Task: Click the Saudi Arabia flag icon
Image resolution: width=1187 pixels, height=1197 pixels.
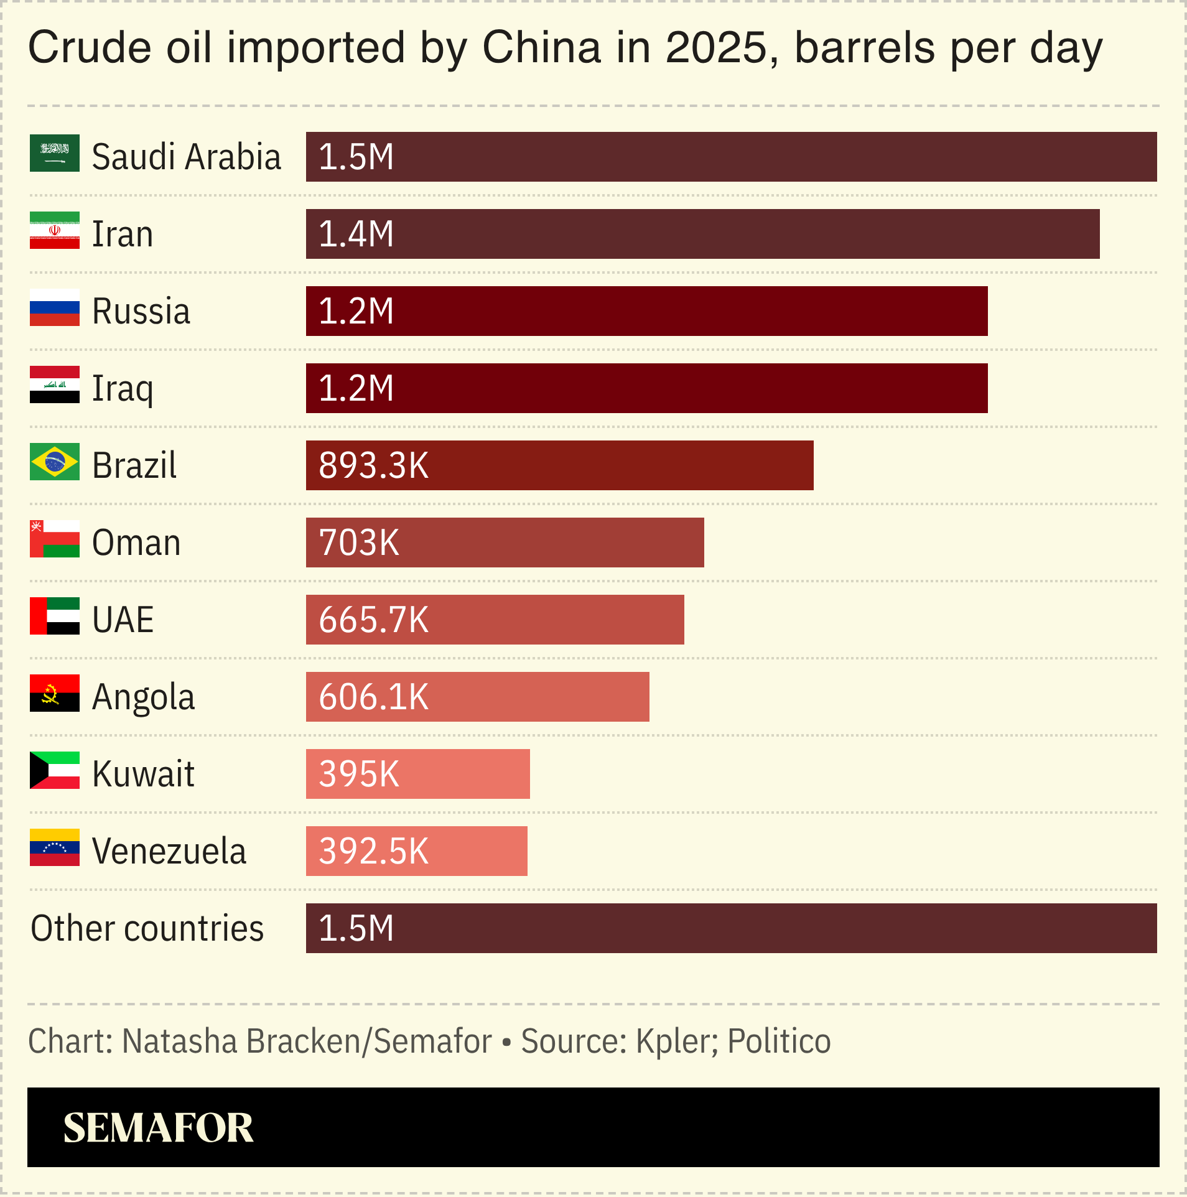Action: tap(55, 153)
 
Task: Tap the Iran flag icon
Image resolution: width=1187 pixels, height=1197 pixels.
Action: tap(55, 230)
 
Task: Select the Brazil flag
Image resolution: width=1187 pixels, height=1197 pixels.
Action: tap(55, 462)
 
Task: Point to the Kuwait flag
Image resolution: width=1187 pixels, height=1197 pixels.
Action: tap(55, 770)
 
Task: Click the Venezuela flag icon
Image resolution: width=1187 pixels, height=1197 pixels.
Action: tap(55, 847)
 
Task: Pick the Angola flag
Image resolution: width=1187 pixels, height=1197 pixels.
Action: tap(55, 693)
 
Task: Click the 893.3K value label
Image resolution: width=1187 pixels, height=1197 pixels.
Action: tap(373, 465)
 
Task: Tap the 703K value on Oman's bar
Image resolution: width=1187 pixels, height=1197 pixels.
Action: tap(359, 543)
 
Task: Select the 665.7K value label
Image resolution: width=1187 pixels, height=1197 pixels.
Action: tap(373, 620)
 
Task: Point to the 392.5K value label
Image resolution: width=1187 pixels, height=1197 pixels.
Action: tap(373, 851)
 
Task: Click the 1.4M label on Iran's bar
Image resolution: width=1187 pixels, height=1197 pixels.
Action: tap(356, 234)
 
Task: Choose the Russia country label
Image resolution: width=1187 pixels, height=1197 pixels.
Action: tap(141, 311)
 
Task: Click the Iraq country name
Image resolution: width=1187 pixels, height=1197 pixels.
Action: tap(123, 389)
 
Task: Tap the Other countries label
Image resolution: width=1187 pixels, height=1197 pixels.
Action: tap(147, 928)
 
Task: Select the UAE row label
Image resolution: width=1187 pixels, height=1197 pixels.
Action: tap(123, 620)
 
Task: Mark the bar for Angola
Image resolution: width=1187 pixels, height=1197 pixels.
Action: tap(477, 697)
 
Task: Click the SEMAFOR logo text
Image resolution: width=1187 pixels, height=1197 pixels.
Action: tap(158, 1127)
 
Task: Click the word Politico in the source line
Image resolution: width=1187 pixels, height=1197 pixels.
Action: tap(779, 1041)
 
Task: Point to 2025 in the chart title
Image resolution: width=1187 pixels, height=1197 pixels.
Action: tap(716, 47)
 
